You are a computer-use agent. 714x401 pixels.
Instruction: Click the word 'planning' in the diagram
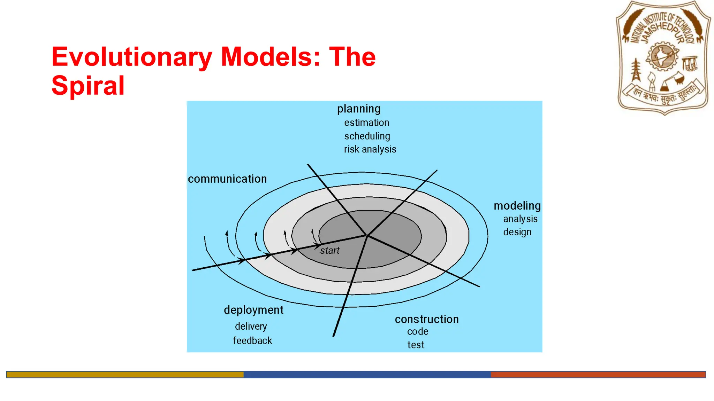pyautogui.click(x=359, y=109)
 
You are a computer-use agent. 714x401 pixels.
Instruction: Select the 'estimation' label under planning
pyautogui.click(x=366, y=123)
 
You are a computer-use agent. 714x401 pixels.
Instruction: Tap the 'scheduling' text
pyautogui.click(x=367, y=136)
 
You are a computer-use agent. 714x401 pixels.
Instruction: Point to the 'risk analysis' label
pyautogui.click(x=370, y=149)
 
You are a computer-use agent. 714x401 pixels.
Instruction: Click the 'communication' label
pyautogui.click(x=227, y=179)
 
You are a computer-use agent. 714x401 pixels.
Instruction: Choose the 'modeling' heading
pyautogui.click(x=517, y=206)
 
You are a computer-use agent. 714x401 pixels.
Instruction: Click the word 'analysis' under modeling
pyautogui.click(x=520, y=219)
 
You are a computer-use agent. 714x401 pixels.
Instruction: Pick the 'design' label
pyautogui.click(x=517, y=232)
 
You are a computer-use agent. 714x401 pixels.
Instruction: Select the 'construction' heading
pyautogui.click(x=427, y=319)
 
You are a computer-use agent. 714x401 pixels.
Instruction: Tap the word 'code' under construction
pyautogui.click(x=418, y=332)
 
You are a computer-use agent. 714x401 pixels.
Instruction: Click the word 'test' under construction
pyautogui.click(x=416, y=345)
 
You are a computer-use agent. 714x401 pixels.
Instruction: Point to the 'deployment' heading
pyautogui.click(x=253, y=310)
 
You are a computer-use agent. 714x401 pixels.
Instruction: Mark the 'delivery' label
pyautogui.click(x=251, y=327)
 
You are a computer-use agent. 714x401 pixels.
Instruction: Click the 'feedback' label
pyautogui.click(x=252, y=340)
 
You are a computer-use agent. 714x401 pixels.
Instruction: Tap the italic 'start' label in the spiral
pyautogui.click(x=329, y=251)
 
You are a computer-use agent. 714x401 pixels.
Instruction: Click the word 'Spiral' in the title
pyautogui.click(x=88, y=85)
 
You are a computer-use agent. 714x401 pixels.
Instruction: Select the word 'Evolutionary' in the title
pyautogui.click(x=132, y=57)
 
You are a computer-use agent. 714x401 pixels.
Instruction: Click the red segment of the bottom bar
pyautogui.click(x=598, y=375)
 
